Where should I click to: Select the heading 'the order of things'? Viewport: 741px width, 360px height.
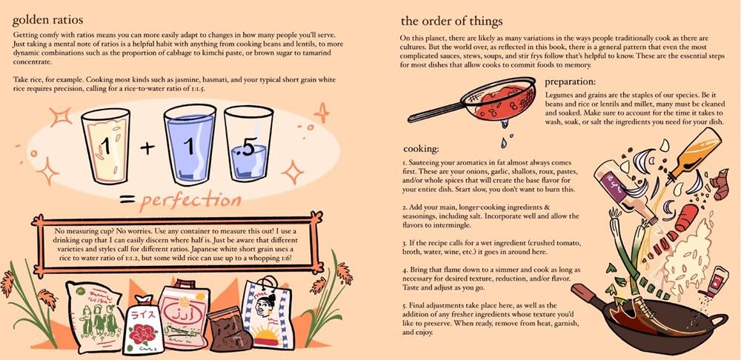[x=451, y=20]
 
